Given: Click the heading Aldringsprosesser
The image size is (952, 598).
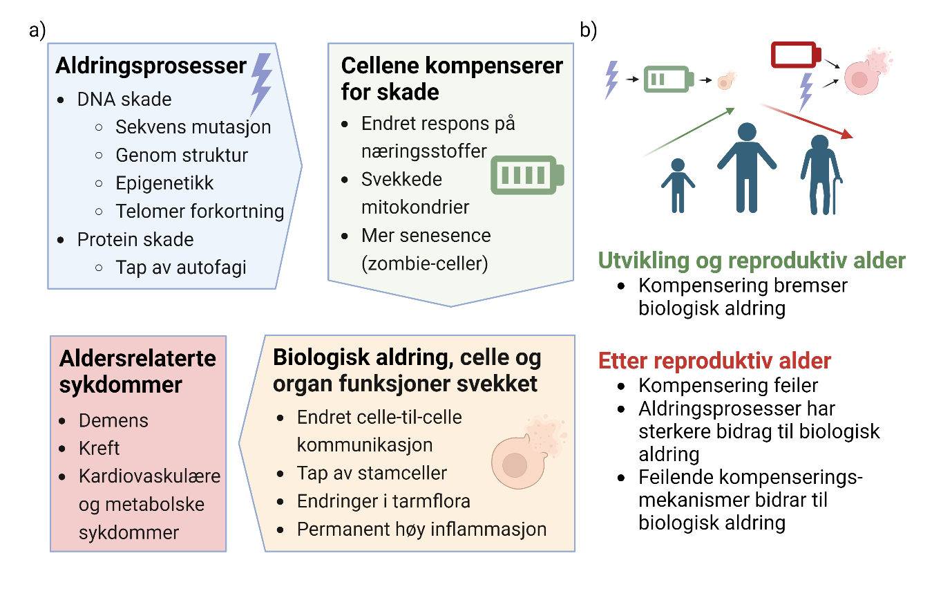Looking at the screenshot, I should point(151,66).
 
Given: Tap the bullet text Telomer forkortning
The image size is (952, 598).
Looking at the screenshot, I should point(200,211).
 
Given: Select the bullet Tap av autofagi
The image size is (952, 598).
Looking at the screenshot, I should point(181,267).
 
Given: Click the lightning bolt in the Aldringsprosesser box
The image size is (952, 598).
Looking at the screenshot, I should point(261,84).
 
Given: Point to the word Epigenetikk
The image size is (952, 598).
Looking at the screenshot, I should point(164,183).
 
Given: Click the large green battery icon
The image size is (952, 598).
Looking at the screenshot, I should point(526,174).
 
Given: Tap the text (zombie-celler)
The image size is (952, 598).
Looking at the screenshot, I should point(424,263).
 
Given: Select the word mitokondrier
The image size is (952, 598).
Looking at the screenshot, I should point(415,207).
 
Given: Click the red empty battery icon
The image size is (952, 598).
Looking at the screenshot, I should point(795,55).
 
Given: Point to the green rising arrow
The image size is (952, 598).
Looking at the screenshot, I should point(687,133).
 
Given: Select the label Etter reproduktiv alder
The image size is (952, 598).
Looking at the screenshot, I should point(714,361).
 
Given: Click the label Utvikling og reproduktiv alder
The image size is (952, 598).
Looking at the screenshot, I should point(751,261).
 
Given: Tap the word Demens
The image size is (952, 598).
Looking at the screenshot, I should point(113,420).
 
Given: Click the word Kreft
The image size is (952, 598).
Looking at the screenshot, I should point(99,448).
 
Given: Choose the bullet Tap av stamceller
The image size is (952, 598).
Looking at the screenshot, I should point(372,473).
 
